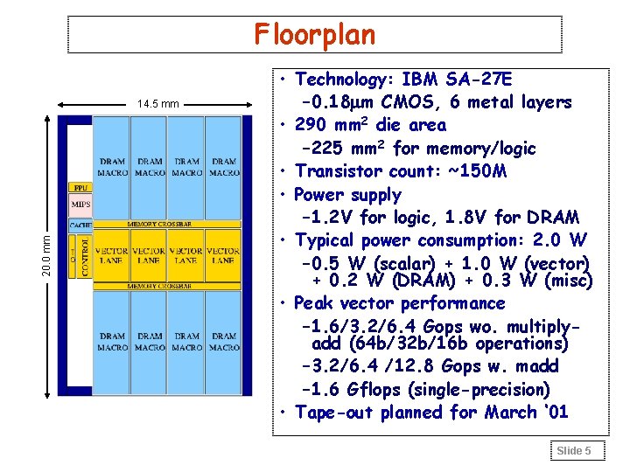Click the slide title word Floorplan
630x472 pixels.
pos(315,35)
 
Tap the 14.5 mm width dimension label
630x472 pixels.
pos(157,104)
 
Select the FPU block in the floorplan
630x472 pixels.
pos(79,187)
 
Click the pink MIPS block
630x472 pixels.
pos(80,205)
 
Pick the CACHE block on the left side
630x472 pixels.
pos(80,226)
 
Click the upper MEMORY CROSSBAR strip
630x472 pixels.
pos(166,225)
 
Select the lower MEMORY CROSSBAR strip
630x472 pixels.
pos(166,286)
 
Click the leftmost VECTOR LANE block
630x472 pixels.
pos(111,255)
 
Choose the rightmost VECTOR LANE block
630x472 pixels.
pos(223,255)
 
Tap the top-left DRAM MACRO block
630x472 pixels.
pos(111,166)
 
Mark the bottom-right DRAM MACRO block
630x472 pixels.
pos(223,341)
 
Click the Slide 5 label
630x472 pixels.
pos(575,450)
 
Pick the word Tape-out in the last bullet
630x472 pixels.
pos(333,412)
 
